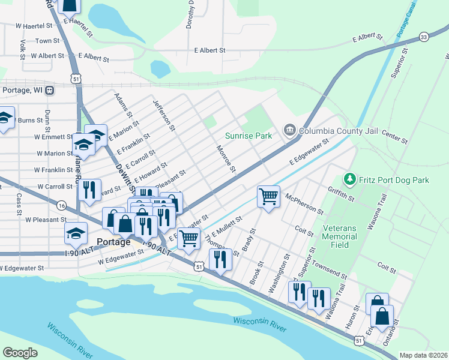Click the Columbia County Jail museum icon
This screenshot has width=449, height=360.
[289, 130]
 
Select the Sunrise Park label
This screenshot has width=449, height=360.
[249, 136]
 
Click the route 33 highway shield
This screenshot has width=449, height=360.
[424, 37]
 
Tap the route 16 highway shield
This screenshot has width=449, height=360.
[62, 205]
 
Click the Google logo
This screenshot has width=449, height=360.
[20, 353]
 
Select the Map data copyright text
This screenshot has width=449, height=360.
[423, 355]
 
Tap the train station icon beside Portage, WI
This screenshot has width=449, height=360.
[49, 91]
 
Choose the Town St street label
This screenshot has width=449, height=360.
[47, 41]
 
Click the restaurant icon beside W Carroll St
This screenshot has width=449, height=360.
[89, 190]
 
